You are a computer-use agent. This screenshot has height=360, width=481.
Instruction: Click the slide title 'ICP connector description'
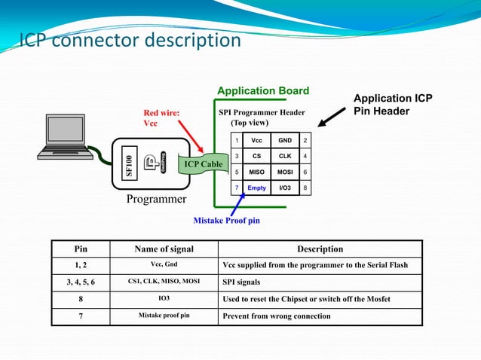pos(130,39)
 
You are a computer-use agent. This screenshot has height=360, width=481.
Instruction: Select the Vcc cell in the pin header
pos(256,140)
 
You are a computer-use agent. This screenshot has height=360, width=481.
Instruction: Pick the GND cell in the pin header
pos(285,140)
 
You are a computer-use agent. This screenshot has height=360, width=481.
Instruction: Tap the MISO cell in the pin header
pos(256,172)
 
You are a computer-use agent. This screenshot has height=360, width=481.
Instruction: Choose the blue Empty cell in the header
pos(256,188)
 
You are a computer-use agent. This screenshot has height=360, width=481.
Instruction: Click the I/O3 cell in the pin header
pos(285,188)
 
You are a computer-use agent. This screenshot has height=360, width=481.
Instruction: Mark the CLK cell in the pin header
pos(285,156)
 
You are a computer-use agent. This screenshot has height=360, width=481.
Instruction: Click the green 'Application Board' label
pos(263,91)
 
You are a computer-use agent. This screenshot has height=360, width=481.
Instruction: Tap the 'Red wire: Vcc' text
pos(161,118)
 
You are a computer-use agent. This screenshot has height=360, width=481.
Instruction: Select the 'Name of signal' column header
pos(164,249)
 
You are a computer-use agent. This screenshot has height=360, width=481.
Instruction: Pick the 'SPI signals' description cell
pos(241,282)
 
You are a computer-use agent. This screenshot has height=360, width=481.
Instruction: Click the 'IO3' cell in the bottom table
pos(164,299)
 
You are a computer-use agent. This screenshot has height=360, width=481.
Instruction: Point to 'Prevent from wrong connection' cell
pos(277,316)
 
